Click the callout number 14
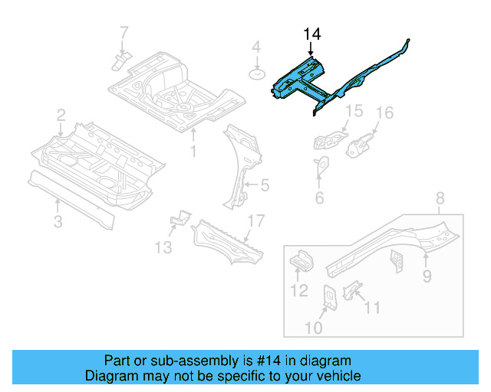(x=312, y=34)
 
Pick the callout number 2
(x=61, y=116)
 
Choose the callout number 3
(x=58, y=223)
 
